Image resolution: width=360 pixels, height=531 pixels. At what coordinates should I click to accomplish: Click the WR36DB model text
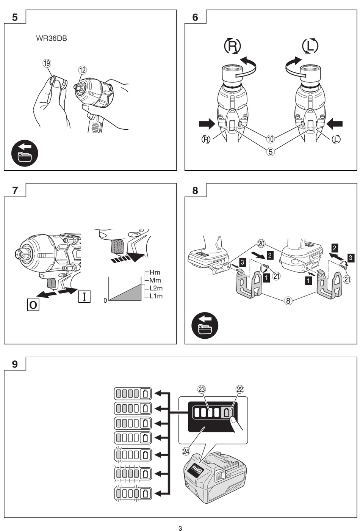point(52,38)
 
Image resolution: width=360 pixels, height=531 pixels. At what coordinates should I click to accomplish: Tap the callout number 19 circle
point(47,63)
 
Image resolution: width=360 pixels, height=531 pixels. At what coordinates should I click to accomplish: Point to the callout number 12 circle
point(82,70)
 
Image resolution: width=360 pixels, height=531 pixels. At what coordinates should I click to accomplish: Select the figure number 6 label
point(195,17)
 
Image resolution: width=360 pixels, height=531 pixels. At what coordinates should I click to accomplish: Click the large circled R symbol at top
point(232,46)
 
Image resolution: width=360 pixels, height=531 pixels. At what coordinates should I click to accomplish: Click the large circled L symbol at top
point(310,46)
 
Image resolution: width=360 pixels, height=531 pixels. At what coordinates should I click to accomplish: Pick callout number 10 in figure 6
point(270,139)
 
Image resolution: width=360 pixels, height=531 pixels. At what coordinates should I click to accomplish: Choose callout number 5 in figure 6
point(270,152)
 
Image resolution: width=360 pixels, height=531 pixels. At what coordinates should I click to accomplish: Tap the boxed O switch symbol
point(33,305)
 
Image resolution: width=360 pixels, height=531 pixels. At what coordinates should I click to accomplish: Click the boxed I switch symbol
point(84,296)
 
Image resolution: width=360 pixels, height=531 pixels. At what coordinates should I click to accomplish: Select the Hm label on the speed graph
point(155,272)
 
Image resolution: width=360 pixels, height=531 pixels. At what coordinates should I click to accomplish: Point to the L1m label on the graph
point(156,296)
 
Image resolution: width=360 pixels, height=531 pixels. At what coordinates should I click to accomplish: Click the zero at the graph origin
point(105,301)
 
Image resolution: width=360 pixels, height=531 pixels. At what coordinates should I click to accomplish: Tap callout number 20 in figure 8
point(261,243)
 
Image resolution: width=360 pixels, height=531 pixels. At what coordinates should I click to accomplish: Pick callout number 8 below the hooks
point(289,301)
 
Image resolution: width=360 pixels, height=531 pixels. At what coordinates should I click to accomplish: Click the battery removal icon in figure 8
point(205,325)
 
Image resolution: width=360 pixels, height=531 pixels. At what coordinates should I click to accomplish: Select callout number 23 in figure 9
point(201,389)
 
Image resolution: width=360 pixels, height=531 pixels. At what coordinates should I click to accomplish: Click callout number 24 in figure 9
point(186,451)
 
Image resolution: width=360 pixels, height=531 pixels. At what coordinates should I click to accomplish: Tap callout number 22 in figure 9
point(240,389)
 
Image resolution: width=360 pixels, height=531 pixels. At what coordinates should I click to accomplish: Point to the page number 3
point(180,528)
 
